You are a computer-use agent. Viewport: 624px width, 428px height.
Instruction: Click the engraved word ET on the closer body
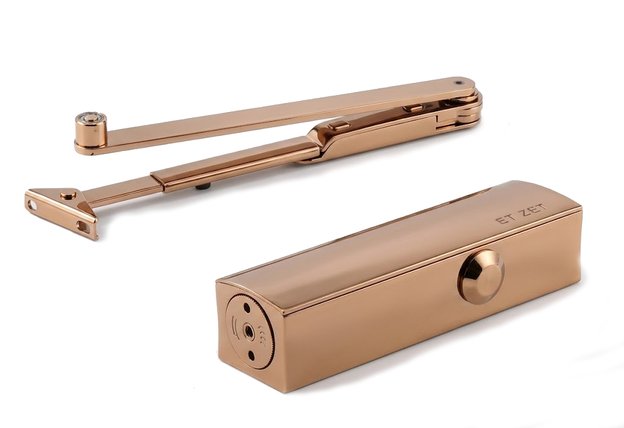[x=503, y=219]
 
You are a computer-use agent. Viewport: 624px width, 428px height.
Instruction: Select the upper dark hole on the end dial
[x=247, y=307]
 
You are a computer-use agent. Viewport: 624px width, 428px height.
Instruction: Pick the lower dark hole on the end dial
[x=252, y=354]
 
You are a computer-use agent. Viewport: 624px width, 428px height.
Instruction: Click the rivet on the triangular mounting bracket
[x=68, y=195]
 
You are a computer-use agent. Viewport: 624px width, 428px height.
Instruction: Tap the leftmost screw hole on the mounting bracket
[x=32, y=206]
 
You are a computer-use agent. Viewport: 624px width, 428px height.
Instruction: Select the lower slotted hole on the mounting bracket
[x=83, y=226]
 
